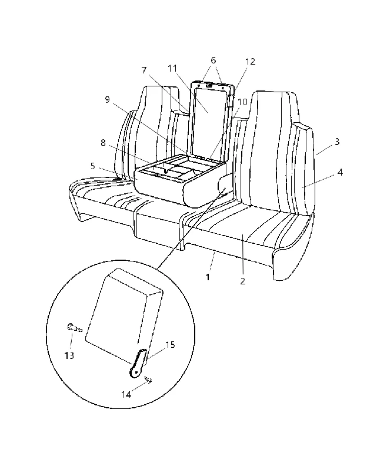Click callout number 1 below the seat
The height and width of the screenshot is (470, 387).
pyautogui.click(x=208, y=277)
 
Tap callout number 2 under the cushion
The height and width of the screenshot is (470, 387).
pyautogui.click(x=243, y=281)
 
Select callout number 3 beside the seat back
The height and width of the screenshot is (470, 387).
pyautogui.click(x=337, y=142)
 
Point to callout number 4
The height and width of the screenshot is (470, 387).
pyautogui.click(x=340, y=172)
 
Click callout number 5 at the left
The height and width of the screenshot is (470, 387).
pyautogui.click(x=93, y=166)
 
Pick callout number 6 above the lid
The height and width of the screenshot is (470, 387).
pyautogui.click(x=213, y=61)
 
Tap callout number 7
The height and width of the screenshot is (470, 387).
pyautogui.click(x=144, y=70)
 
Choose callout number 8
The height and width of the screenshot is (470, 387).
pyautogui.click(x=103, y=143)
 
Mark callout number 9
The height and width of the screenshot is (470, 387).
pyautogui.click(x=108, y=99)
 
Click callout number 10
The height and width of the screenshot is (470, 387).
pyautogui.click(x=242, y=102)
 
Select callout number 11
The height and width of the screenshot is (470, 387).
pyautogui.click(x=172, y=68)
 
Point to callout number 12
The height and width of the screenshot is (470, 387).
pyautogui.click(x=250, y=62)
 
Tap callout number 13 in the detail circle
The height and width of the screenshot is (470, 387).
pyautogui.click(x=69, y=355)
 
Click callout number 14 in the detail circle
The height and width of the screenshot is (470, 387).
pyautogui.click(x=126, y=394)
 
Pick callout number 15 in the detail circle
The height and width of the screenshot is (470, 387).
pyautogui.click(x=170, y=345)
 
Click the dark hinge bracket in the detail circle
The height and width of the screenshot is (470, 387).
pyautogui.click(x=138, y=363)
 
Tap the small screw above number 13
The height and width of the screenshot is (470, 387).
pyautogui.click(x=74, y=328)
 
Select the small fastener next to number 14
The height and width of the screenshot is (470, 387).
pyautogui.click(x=148, y=380)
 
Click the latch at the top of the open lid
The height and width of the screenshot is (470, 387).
pyautogui.click(x=209, y=86)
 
